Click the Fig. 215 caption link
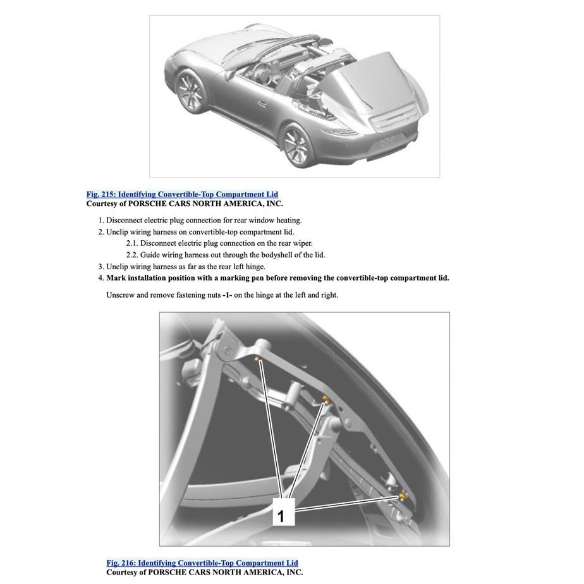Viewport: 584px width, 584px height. point(182,194)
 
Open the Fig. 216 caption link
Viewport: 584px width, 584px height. point(202,563)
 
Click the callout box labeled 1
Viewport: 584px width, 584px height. point(281,515)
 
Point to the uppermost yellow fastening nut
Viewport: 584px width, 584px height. point(259,359)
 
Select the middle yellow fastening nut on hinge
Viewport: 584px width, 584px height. point(325,399)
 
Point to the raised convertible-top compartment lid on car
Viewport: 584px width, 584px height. point(367,82)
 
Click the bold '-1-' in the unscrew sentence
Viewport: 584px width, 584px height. point(228,295)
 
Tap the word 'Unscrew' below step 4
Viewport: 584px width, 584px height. point(121,295)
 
